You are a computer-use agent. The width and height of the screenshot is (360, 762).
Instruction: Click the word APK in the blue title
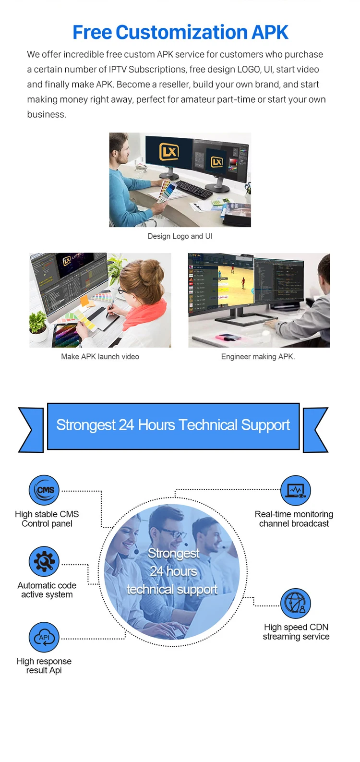pos(270,32)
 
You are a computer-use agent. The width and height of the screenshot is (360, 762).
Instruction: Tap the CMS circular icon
pos(44,490)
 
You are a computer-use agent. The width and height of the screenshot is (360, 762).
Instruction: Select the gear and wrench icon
pos(44,561)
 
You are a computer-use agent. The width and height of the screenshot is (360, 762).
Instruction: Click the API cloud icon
pos(44,638)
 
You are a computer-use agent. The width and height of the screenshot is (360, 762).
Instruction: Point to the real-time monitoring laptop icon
pos(296,491)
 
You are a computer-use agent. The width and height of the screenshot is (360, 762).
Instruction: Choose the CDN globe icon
pos(296,604)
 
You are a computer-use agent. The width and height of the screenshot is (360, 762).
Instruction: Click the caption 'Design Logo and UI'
pos(180,236)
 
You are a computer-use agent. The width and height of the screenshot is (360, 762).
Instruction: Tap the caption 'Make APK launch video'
pos(100,356)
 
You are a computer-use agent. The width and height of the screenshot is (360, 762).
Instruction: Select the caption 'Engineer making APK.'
pos(258,356)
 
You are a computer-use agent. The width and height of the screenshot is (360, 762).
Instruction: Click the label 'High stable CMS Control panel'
pos(47,519)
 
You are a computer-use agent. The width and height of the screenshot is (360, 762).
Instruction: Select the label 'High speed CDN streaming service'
pos(296,632)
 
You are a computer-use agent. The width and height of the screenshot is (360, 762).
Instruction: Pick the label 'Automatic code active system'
pos(47,590)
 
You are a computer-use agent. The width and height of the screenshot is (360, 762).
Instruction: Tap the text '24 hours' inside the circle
pos(173,571)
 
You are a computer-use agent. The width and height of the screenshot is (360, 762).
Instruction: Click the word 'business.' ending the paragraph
pos(47,114)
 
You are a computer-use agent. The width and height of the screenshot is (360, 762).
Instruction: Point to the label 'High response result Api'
pos(44,665)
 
